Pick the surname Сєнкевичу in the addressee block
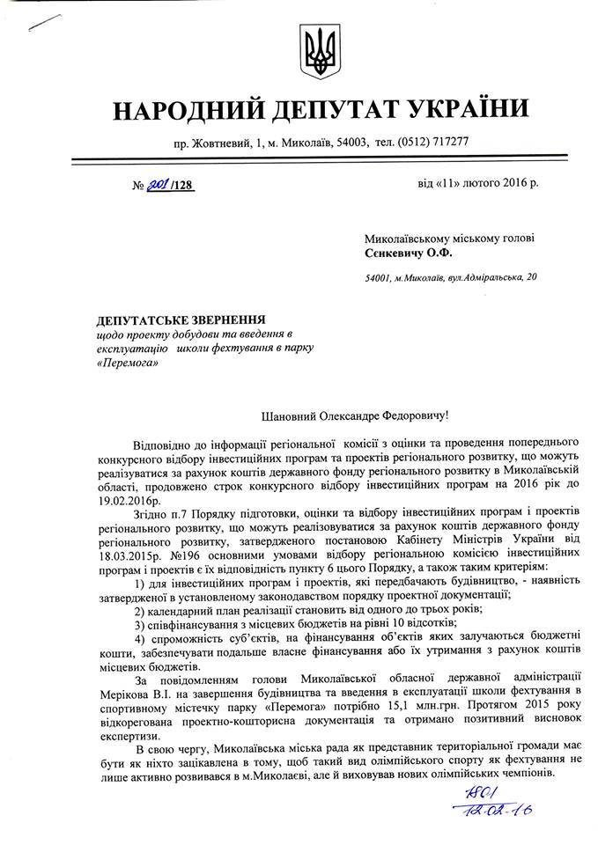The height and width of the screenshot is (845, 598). tap(400, 253)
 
